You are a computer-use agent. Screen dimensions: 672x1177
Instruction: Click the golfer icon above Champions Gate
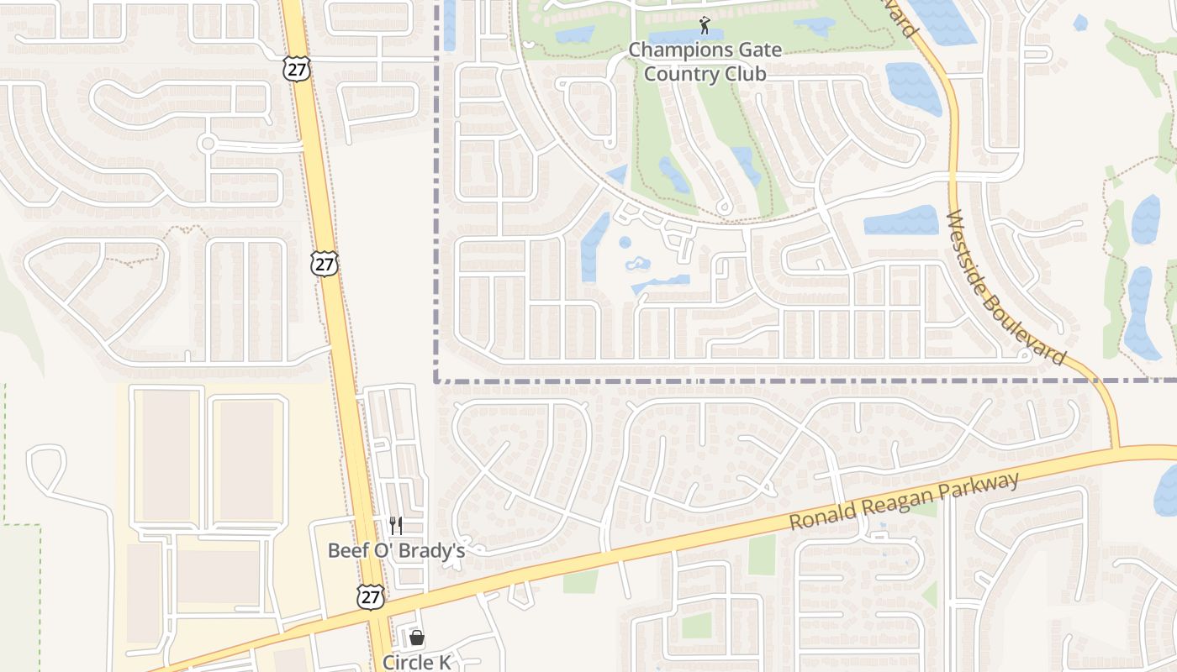coord(705,26)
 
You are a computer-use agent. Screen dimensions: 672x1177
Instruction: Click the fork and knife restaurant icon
coord(396,526)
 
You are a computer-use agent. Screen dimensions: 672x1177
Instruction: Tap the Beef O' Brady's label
coord(396,551)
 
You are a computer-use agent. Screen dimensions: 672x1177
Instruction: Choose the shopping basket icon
coord(416,638)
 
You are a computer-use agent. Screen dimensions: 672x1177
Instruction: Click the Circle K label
coord(416,662)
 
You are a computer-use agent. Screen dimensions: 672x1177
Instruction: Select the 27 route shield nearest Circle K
coord(370,597)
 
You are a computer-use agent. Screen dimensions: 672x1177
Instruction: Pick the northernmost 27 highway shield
coord(296,69)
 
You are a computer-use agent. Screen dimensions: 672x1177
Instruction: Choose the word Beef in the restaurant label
coord(346,551)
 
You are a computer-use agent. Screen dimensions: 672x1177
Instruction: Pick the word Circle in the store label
coord(407,662)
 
